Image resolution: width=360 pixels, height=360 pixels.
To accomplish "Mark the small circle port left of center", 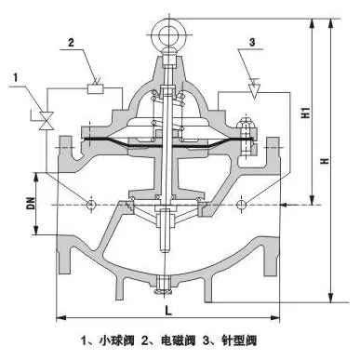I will (x=90, y=203).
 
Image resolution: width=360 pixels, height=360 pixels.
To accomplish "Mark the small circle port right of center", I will (x=242, y=203).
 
